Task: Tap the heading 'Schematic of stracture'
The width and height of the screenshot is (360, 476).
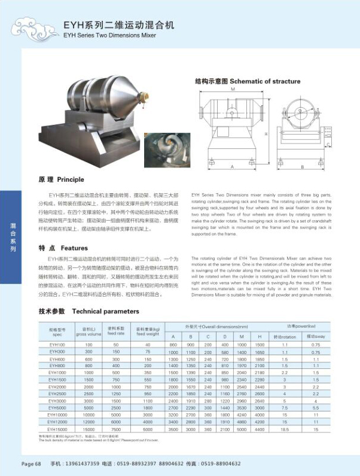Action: (247, 81)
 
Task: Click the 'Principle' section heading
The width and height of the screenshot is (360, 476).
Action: (62, 179)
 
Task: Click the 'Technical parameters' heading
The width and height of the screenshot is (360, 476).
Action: (89, 311)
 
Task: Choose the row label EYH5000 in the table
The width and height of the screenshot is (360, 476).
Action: (57, 407)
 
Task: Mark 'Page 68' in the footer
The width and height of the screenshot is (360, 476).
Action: (31, 463)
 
